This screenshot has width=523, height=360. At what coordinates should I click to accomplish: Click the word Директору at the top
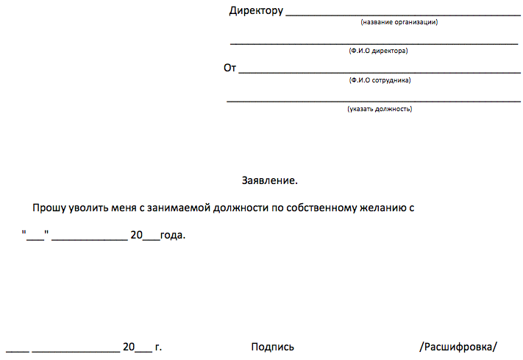pos(256,11)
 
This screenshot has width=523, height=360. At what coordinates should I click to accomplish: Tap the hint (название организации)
pos(399,22)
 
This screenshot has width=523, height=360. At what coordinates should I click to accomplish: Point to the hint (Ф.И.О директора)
pos(378,51)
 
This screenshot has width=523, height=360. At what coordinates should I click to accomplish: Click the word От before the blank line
pos(230,68)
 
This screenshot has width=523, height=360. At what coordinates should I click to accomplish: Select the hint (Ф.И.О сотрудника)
pos(380,80)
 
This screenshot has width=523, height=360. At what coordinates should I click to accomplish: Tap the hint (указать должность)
pos(380,109)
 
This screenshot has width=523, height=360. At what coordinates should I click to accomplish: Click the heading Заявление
pos(270,180)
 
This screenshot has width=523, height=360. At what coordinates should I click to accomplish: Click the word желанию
pos(383,208)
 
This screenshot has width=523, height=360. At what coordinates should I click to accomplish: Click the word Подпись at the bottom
pos(272,347)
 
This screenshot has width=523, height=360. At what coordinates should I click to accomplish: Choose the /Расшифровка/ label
pos(458,347)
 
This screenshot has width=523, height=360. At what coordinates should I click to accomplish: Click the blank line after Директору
pos(402,15)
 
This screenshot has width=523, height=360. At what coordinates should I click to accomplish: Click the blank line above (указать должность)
pos(374,101)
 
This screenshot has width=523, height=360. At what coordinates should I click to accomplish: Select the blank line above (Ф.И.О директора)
pos(374,43)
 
